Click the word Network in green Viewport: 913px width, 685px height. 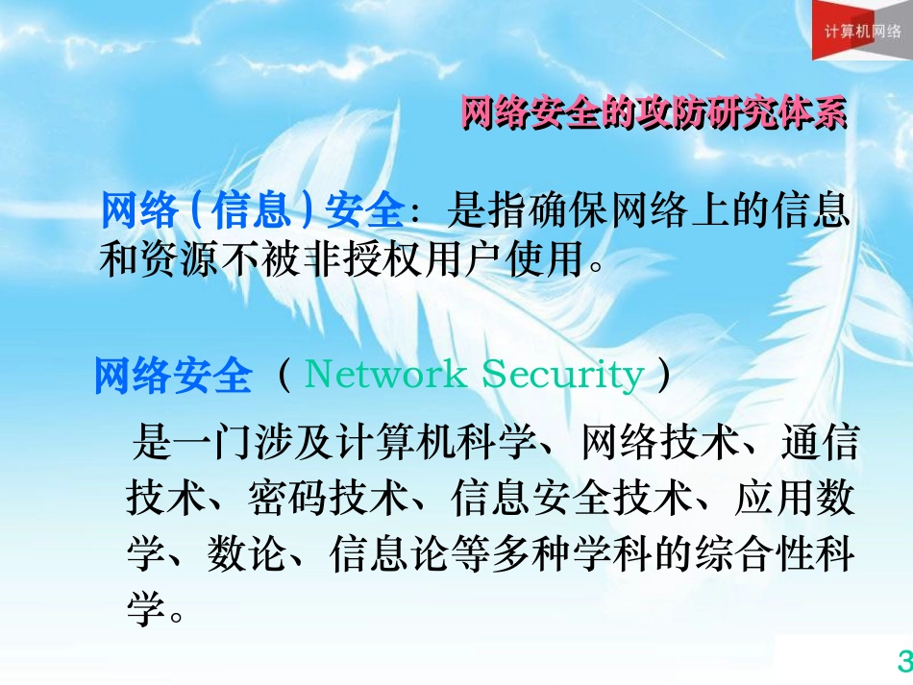click(x=384, y=375)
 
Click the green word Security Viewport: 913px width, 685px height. click(x=562, y=375)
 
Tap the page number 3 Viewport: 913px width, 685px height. click(x=903, y=661)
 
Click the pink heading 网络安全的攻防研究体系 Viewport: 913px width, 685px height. click(x=654, y=112)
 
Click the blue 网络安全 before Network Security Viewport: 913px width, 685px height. click(x=173, y=376)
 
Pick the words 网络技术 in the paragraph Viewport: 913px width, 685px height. click(x=663, y=444)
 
